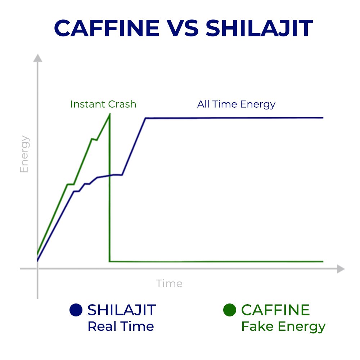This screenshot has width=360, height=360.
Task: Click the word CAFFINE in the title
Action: tap(107, 28)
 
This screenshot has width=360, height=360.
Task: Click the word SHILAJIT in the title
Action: tap(259, 28)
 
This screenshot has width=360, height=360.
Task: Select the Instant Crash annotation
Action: tap(103, 104)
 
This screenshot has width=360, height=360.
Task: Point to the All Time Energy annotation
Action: tap(236, 104)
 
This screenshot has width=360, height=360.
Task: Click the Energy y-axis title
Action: tap(24, 154)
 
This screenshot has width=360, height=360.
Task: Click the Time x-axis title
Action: tap(169, 284)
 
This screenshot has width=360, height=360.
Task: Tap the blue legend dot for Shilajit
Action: tap(76, 310)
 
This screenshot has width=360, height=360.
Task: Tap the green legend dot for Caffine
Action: tap(230, 310)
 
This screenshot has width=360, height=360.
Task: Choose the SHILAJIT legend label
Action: tap(122, 310)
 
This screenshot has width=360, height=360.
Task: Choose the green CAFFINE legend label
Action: tap(275, 310)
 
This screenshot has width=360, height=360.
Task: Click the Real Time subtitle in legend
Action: tap(121, 326)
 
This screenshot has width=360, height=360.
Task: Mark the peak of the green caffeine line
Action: tap(110, 114)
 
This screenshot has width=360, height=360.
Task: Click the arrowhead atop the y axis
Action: tap(38, 58)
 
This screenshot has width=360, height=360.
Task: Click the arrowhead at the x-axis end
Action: tap(341, 269)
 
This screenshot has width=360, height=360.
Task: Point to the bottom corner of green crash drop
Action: tap(110, 261)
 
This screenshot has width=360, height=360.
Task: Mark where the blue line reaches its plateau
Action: tap(145, 118)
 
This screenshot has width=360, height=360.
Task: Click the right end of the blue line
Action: tap(323, 118)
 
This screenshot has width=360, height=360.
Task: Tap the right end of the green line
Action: tap(323, 261)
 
